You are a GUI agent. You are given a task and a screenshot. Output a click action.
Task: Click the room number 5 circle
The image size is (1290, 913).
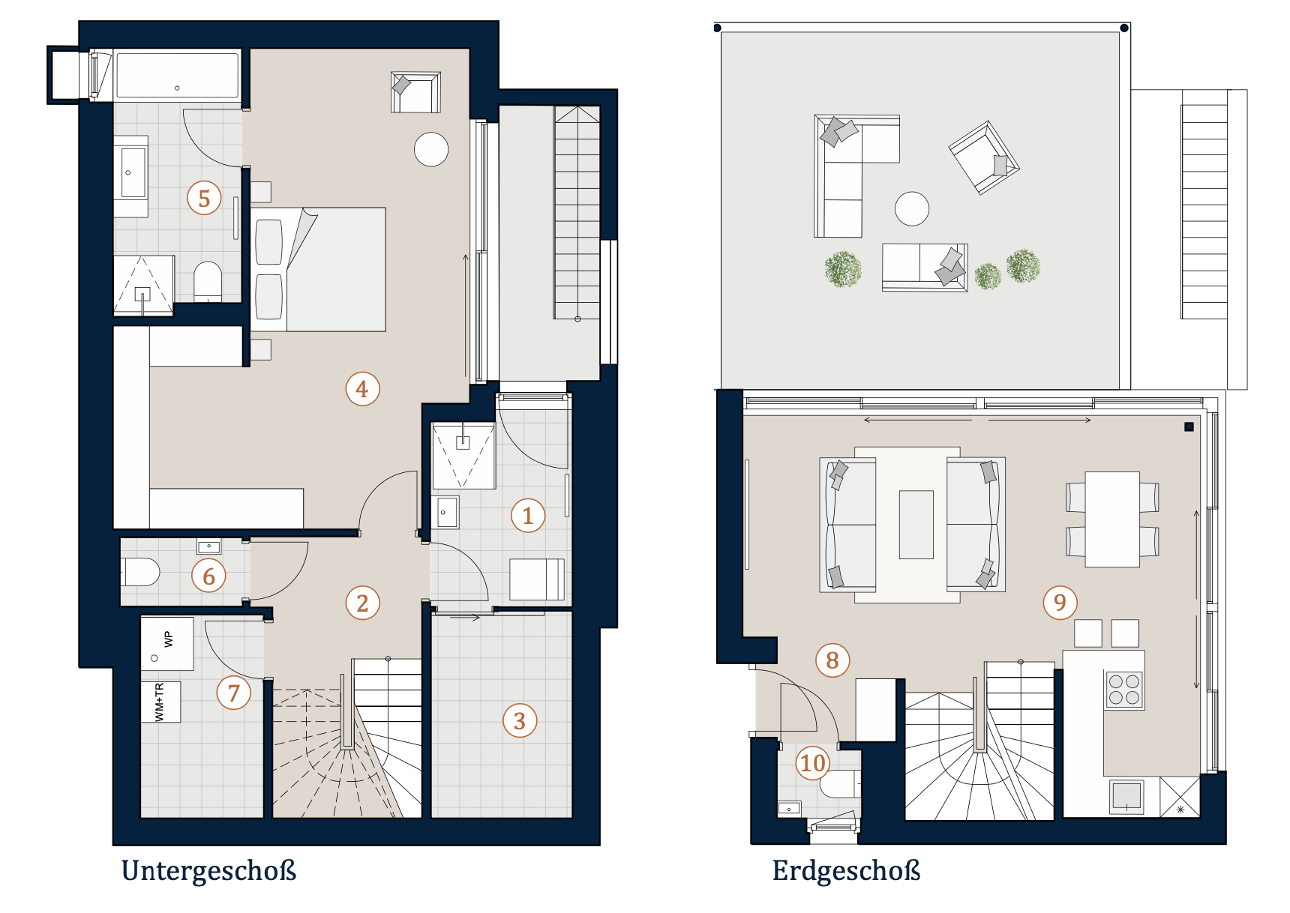tap(204, 198)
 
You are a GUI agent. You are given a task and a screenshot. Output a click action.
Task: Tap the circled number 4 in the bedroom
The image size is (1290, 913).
tap(362, 389)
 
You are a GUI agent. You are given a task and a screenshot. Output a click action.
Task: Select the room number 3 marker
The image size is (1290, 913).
tap(520, 720)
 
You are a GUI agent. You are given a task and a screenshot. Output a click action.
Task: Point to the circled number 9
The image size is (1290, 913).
tap(1060, 602)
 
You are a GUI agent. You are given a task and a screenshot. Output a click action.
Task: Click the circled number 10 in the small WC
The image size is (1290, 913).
tap(813, 762)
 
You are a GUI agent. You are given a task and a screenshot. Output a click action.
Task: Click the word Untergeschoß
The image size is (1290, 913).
tap(209, 871)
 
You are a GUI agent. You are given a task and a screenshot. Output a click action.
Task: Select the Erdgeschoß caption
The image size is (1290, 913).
tap(846, 871)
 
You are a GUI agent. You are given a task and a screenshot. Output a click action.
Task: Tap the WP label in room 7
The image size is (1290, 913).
tap(168, 639)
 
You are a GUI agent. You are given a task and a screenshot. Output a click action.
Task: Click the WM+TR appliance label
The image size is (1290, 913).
tap(159, 702)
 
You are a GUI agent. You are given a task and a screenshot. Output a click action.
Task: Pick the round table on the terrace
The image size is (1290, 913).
tap(912, 208)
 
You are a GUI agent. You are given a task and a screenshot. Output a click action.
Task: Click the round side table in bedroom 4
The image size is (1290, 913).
tap(431, 149)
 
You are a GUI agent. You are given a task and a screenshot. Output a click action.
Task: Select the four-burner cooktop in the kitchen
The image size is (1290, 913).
tap(1124, 690)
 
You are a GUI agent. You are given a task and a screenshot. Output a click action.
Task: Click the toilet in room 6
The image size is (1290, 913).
tap(140, 572)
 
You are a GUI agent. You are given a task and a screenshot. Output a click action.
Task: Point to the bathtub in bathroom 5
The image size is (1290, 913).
tap(177, 74)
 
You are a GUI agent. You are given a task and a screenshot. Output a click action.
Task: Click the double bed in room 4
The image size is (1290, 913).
tap(318, 270)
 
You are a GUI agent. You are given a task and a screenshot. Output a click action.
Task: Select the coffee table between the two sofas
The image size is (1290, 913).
tap(916, 525)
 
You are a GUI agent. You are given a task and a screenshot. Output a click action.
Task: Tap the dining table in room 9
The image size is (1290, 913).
tap(1112, 519)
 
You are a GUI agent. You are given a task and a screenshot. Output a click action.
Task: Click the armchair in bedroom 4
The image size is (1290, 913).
tap(415, 92)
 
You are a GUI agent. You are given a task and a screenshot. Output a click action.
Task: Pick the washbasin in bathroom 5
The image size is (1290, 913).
tap(132, 173)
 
